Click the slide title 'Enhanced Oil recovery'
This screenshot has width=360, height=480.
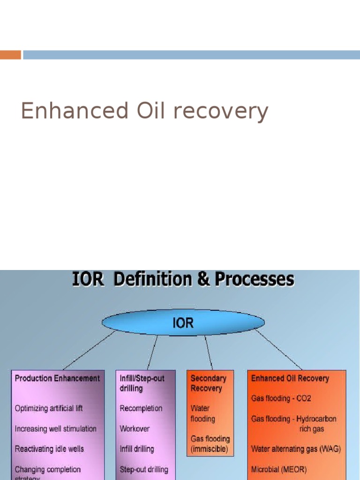pos(144,112)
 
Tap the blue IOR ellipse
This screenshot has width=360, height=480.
pos(183,323)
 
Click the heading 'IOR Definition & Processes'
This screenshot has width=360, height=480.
pos(183,280)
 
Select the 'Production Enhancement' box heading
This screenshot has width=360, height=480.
pos(57,378)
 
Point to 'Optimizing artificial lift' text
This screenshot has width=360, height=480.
pos(49,408)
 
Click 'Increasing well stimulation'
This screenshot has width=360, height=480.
pos(55,429)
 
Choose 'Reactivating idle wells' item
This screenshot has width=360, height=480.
pos(49,449)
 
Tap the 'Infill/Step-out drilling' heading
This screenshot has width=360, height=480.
pos(142,383)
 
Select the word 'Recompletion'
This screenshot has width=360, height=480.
pos(141,408)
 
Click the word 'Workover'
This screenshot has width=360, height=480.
pos(135,429)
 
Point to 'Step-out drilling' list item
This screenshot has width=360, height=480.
pos(143,469)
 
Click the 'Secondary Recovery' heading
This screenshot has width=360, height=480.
pos(208,383)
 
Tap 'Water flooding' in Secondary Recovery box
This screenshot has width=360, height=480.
pos(202,413)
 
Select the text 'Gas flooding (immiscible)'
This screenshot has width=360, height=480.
pos(210,444)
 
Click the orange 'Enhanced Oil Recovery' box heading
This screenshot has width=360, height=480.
pos(290,378)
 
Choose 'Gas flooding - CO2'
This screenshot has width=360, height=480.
pos(281,398)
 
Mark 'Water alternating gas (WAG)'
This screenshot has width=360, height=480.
pos(296,449)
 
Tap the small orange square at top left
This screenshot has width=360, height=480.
pos(10,55)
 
